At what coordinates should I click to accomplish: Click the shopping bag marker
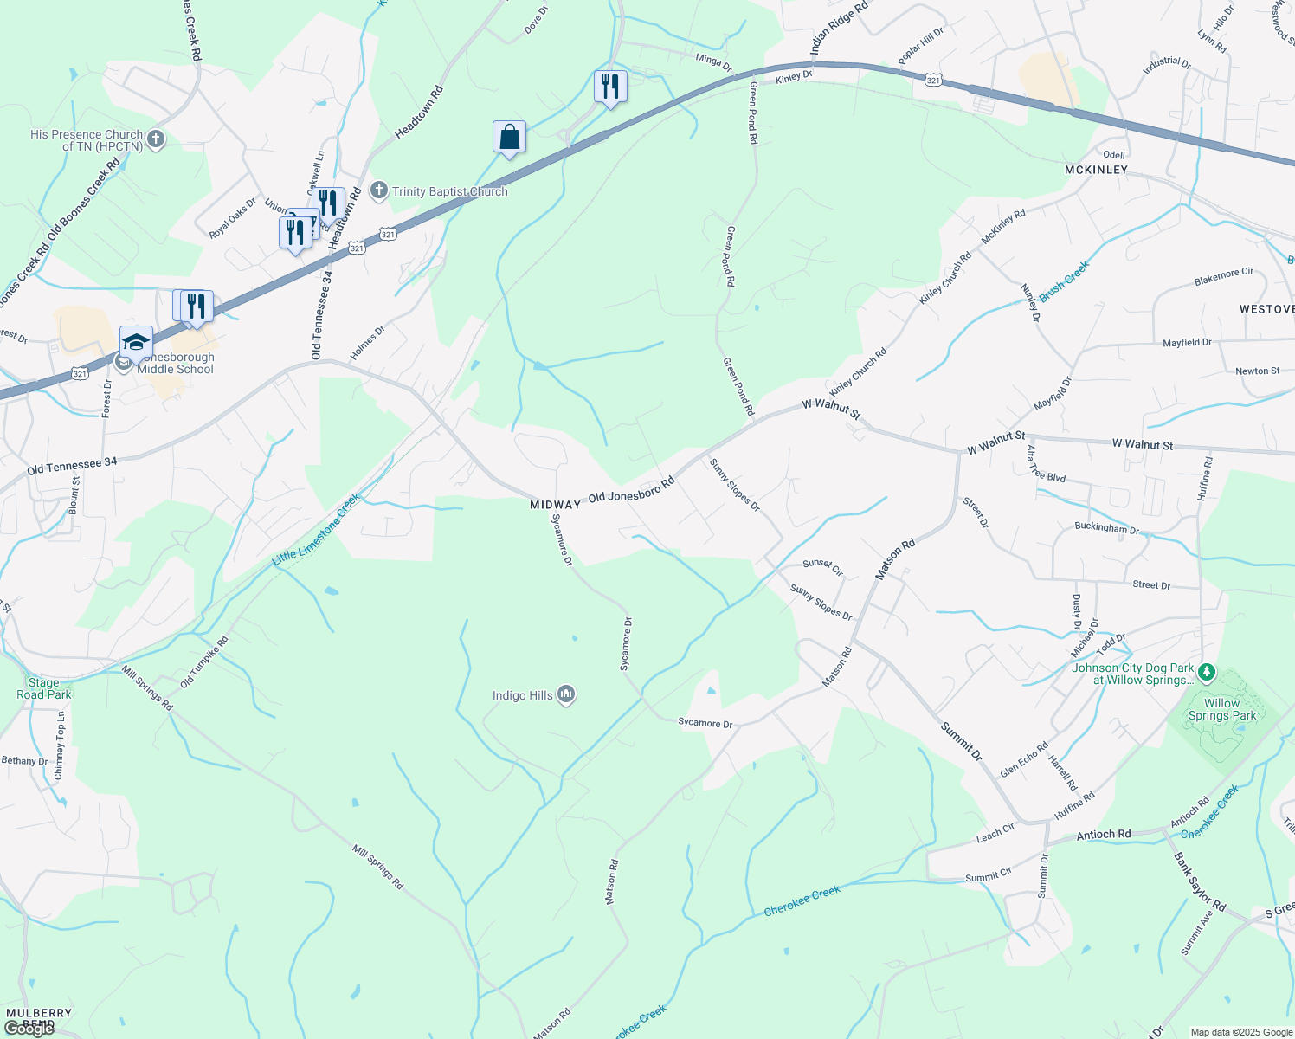509,138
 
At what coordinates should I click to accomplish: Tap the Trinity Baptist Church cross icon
378,191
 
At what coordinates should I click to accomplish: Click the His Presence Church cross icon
156,139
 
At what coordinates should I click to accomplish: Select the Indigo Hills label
522,695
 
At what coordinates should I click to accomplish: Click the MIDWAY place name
555,504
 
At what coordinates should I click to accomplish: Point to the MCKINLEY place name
1096,170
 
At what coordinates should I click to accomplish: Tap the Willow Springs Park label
1221,709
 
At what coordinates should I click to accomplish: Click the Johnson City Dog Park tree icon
1207,673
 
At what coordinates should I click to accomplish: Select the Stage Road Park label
43,688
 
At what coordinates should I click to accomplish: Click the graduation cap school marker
137,342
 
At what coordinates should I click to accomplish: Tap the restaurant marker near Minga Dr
610,87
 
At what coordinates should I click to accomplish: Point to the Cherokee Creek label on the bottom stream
802,900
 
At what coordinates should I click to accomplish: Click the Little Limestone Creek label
316,530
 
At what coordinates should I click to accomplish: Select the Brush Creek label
1064,282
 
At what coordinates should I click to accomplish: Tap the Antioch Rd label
1103,835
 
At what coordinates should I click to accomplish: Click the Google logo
29,1029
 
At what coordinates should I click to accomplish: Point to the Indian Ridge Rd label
838,29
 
